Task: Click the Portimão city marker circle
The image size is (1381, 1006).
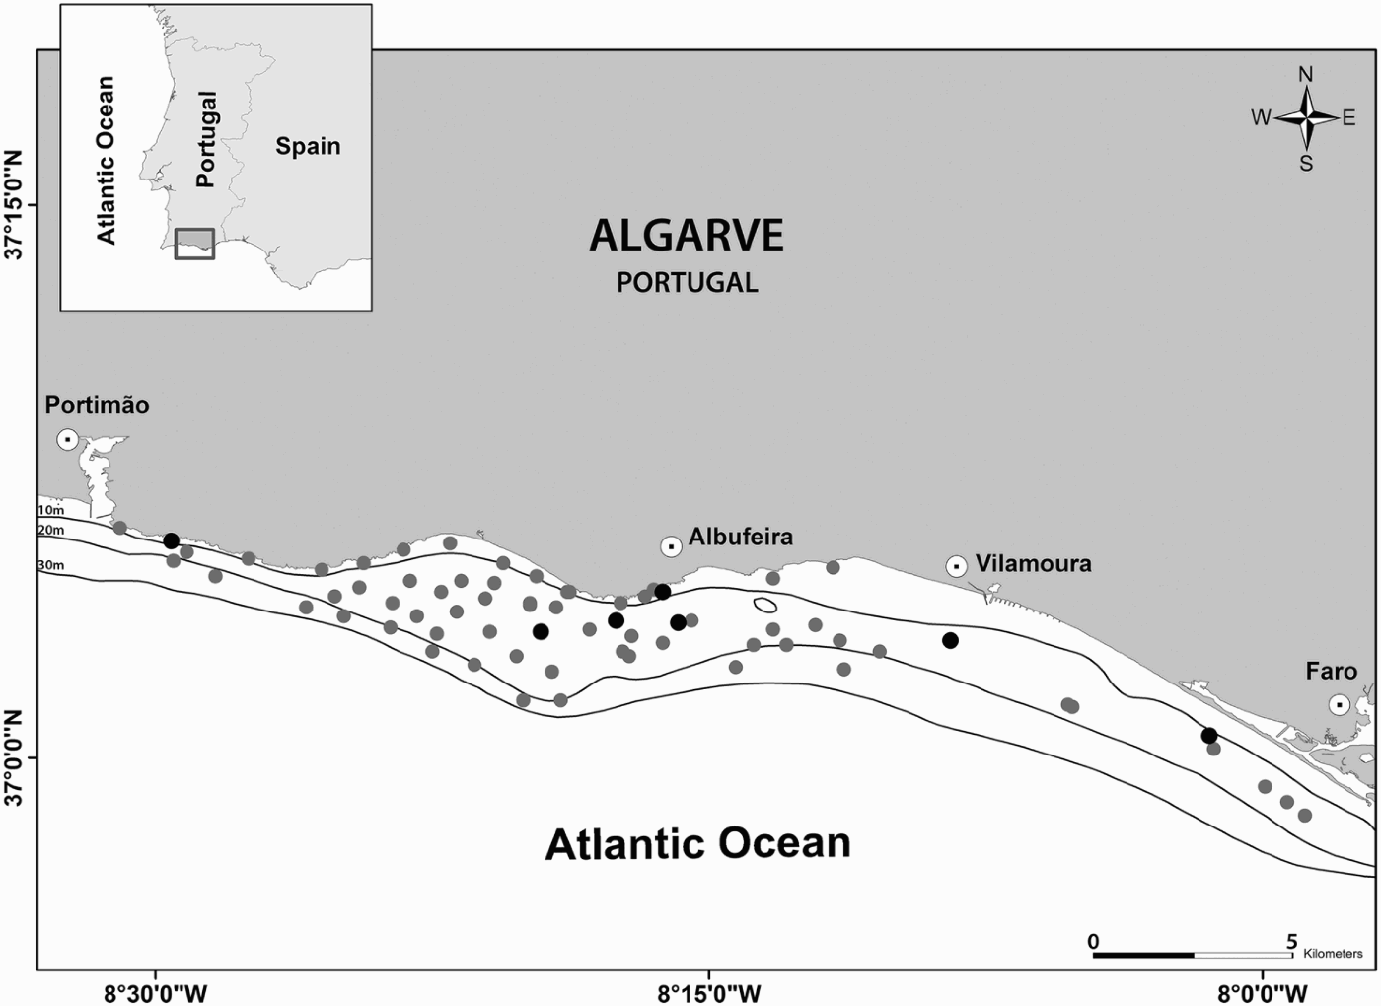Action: pyautogui.click(x=67, y=439)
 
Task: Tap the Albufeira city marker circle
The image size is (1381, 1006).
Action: pyautogui.click(x=671, y=546)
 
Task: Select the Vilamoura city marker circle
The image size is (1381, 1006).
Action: pyautogui.click(x=956, y=566)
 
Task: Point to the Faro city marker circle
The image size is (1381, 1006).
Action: pyautogui.click(x=1339, y=704)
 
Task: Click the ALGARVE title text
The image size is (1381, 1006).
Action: pyautogui.click(x=687, y=236)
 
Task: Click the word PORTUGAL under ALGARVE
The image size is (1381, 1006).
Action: pyautogui.click(x=688, y=283)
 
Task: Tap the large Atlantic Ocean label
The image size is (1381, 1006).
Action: pyautogui.click(x=697, y=844)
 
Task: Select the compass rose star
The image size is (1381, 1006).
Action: pyautogui.click(x=1306, y=118)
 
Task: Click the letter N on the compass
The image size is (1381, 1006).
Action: pyautogui.click(x=1306, y=75)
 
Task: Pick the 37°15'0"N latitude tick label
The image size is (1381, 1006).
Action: pyautogui.click(x=15, y=204)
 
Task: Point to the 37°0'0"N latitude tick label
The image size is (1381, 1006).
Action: pyautogui.click(x=15, y=757)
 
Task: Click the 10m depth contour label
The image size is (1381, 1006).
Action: pyautogui.click(x=50, y=510)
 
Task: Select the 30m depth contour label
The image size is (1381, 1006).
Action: pyautogui.click(x=50, y=565)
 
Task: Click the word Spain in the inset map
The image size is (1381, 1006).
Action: pyautogui.click(x=308, y=146)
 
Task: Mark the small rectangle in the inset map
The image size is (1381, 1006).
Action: pyautogui.click(x=194, y=244)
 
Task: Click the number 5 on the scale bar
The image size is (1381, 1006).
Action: pyautogui.click(x=1292, y=942)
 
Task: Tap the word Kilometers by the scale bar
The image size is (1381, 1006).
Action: pyautogui.click(x=1333, y=954)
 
